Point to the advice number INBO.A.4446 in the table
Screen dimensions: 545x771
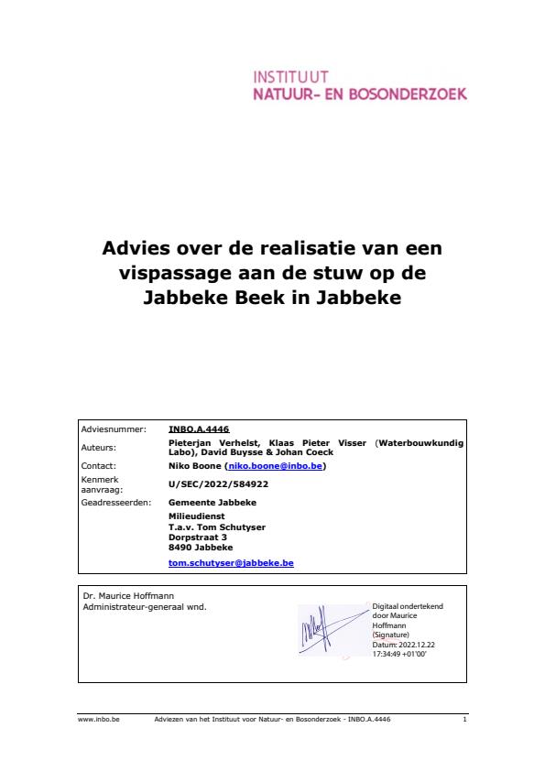coord(199,429)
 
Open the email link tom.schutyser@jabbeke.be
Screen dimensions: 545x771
coord(231,563)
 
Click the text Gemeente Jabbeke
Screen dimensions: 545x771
coord(213,503)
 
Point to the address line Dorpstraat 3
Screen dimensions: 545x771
coord(198,537)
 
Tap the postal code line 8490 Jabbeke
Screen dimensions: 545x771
coord(201,548)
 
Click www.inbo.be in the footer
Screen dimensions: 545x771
coord(92,721)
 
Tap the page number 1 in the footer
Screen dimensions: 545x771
coord(464,721)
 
